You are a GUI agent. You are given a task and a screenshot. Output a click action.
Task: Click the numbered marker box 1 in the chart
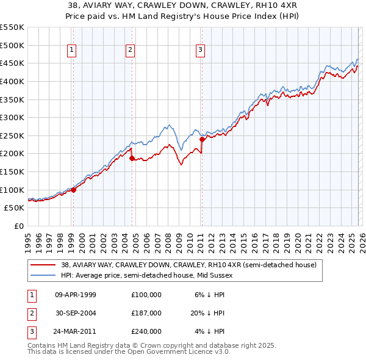pos(73,50)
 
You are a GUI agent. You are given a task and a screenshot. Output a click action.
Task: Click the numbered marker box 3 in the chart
pos(201,50)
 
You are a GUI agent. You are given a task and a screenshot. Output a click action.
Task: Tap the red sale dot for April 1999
pos(74,190)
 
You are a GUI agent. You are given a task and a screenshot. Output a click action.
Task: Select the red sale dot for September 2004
pos(132,158)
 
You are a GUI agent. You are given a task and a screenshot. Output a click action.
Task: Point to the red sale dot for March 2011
pos(202,139)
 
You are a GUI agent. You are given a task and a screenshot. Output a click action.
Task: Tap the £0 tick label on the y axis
pos(18,226)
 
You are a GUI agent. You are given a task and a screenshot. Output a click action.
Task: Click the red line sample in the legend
pos(44,265)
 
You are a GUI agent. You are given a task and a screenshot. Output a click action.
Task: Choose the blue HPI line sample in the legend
pos(44,276)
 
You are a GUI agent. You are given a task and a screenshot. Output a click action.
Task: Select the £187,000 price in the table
pos(146,313)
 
